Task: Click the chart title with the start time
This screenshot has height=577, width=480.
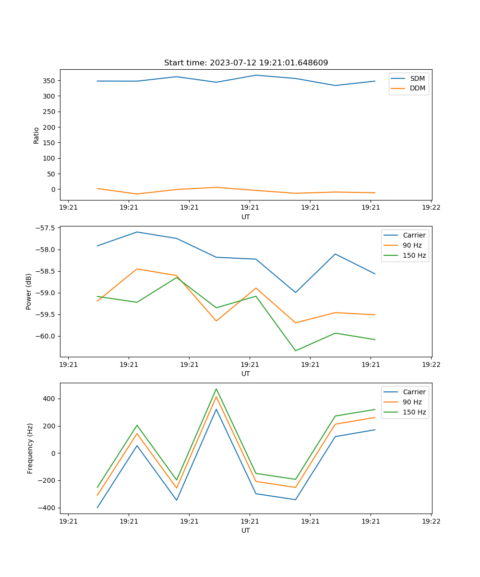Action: tap(246, 63)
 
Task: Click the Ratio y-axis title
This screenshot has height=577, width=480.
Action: tap(36, 135)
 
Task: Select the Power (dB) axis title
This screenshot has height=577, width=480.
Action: tap(29, 291)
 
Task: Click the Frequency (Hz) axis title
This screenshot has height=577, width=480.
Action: tap(30, 448)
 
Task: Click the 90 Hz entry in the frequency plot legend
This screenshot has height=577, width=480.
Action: tap(412, 402)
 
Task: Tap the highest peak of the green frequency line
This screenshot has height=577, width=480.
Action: tap(216, 389)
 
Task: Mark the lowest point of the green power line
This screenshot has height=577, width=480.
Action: tap(295, 351)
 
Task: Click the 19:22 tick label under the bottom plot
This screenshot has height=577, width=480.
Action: tap(431, 521)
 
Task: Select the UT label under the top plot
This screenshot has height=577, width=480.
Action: tap(246, 217)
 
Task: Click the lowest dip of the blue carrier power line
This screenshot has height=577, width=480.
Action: tap(295, 292)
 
